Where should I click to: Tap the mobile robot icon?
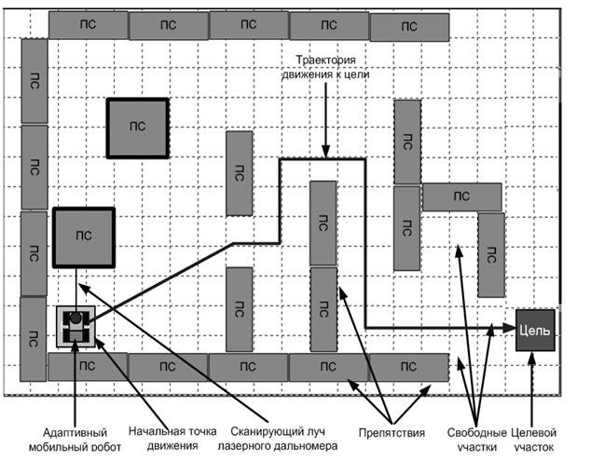click(75, 327)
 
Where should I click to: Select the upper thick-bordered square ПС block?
click(137, 127)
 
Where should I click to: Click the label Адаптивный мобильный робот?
click(74, 439)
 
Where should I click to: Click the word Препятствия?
click(392, 432)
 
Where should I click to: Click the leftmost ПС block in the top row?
click(88, 25)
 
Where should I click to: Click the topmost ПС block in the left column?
click(34, 79)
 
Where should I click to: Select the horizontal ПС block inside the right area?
click(461, 197)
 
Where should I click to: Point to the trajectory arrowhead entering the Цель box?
click(509, 327)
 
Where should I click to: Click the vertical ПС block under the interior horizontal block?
click(490, 254)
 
